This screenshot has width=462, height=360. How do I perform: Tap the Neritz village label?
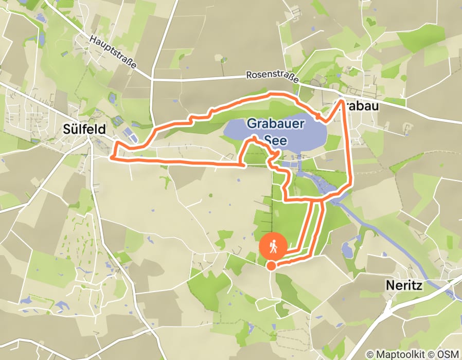404,285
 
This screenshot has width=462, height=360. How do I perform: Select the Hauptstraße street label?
113,52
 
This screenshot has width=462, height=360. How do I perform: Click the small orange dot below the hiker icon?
271,265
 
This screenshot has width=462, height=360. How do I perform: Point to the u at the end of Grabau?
375,106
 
